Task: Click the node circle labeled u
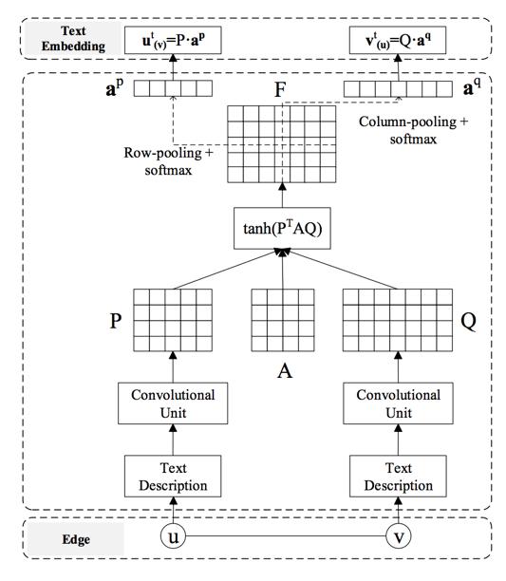click(x=173, y=535)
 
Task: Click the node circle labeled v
click(x=398, y=535)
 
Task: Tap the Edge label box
click(x=76, y=539)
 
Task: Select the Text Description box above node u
click(x=173, y=477)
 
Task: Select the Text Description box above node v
click(x=398, y=477)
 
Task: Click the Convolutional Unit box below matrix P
click(x=173, y=403)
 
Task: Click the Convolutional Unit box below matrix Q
click(x=398, y=403)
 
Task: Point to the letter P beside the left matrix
click(x=116, y=321)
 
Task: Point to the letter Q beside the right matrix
click(x=469, y=322)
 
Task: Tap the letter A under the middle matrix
click(x=285, y=370)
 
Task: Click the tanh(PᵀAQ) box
click(x=282, y=228)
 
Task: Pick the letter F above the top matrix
click(x=280, y=89)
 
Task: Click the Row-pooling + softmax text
click(x=168, y=161)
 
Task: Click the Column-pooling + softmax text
click(x=413, y=130)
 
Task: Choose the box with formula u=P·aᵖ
click(x=173, y=40)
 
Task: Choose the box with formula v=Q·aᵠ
click(x=398, y=40)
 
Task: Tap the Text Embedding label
click(x=73, y=39)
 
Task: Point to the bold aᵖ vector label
click(x=115, y=88)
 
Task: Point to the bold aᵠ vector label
click(x=472, y=87)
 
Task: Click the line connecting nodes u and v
click(x=286, y=535)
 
